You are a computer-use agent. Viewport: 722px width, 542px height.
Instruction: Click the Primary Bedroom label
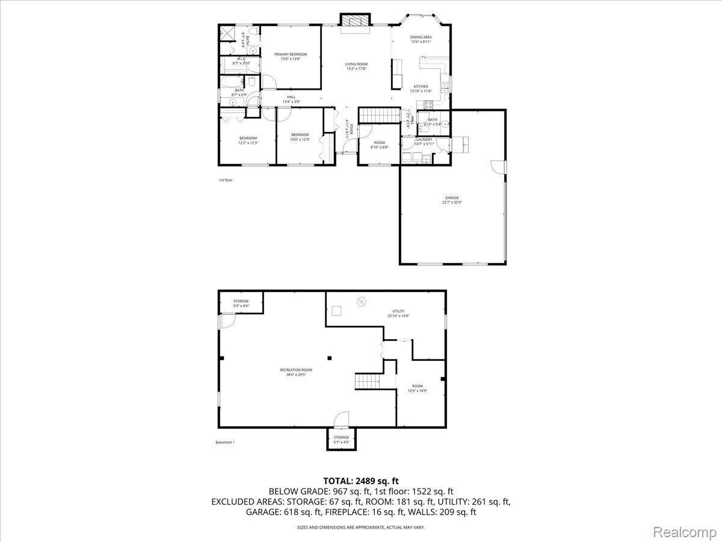[x=290, y=57]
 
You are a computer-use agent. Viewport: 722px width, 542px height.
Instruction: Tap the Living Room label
[x=356, y=66]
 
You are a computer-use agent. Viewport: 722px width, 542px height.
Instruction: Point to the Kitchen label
[x=421, y=89]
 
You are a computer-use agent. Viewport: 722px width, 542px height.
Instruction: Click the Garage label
[x=452, y=200]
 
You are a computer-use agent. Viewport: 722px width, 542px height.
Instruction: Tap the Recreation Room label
[x=296, y=372]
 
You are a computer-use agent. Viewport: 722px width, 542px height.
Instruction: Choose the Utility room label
[x=398, y=313]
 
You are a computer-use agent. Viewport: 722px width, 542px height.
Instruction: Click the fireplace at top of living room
[x=354, y=20]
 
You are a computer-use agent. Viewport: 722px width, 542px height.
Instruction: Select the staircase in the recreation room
[x=367, y=381]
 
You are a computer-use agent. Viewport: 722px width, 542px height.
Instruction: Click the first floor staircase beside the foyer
[x=380, y=116]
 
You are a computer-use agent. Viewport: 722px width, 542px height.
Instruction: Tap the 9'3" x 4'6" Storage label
[x=241, y=304]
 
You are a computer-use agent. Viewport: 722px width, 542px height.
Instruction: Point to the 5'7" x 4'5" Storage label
[x=341, y=440]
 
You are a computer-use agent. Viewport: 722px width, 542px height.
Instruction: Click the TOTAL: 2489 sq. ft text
[x=361, y=481]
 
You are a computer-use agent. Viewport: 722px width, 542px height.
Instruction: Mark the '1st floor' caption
[x=225, y=180]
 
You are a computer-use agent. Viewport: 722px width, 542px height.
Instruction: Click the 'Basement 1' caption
[x=225, y=443]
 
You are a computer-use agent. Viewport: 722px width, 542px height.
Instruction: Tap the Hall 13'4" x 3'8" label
[x=291, y=99]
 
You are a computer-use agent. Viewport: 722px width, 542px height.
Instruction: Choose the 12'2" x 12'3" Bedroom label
[x=248, y=140]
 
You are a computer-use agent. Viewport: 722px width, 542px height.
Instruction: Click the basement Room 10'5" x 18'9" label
[x=418, y=388]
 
